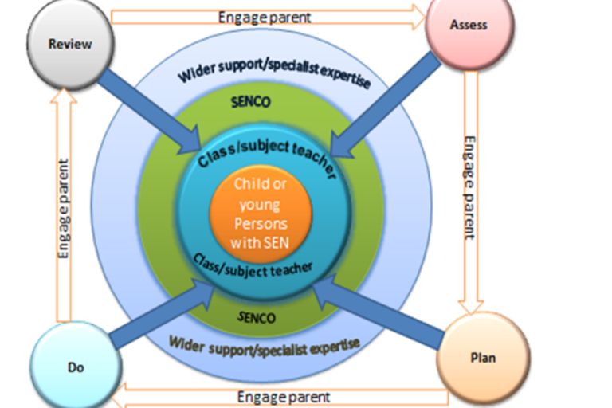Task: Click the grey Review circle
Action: click(70, 44)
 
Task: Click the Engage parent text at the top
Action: click(266, 15)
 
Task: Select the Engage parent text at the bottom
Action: click(284, 396)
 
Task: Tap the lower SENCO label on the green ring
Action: click(257, 316)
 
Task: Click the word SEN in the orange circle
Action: click(280, 242)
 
